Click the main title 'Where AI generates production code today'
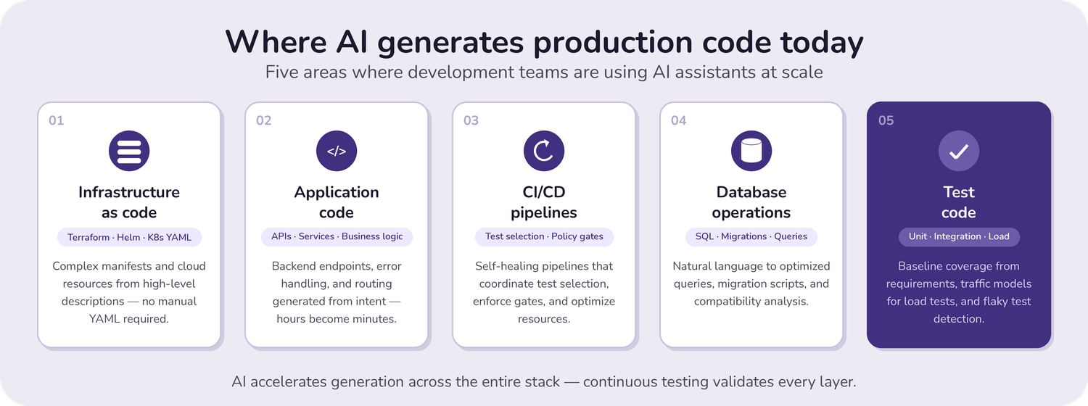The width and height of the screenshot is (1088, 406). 544,42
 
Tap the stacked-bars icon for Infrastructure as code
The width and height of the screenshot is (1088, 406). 129,151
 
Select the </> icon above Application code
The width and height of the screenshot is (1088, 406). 337,151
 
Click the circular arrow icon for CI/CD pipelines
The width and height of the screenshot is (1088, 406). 544,151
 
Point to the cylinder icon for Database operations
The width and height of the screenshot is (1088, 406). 751,151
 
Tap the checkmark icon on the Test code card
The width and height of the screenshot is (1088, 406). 959,151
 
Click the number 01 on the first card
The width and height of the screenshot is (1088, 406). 57,120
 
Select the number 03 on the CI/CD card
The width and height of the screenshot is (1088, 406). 471,120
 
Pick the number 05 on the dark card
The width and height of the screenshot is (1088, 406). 886,120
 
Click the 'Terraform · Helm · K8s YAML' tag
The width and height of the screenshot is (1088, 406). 129,237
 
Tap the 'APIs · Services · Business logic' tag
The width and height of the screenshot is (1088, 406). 337,236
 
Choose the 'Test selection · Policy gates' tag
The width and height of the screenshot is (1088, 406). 544,236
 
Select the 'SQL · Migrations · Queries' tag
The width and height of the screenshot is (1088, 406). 751,236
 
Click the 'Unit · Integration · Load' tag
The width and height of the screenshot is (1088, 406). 959,236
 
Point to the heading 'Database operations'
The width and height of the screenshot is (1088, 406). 751,202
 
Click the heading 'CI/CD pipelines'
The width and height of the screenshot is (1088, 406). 544,202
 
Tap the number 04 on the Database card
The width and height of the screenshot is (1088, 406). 679,120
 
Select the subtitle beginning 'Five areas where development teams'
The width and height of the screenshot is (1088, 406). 544,72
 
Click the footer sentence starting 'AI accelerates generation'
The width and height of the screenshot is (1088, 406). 544,381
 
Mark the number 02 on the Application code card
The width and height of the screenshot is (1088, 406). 264,120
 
